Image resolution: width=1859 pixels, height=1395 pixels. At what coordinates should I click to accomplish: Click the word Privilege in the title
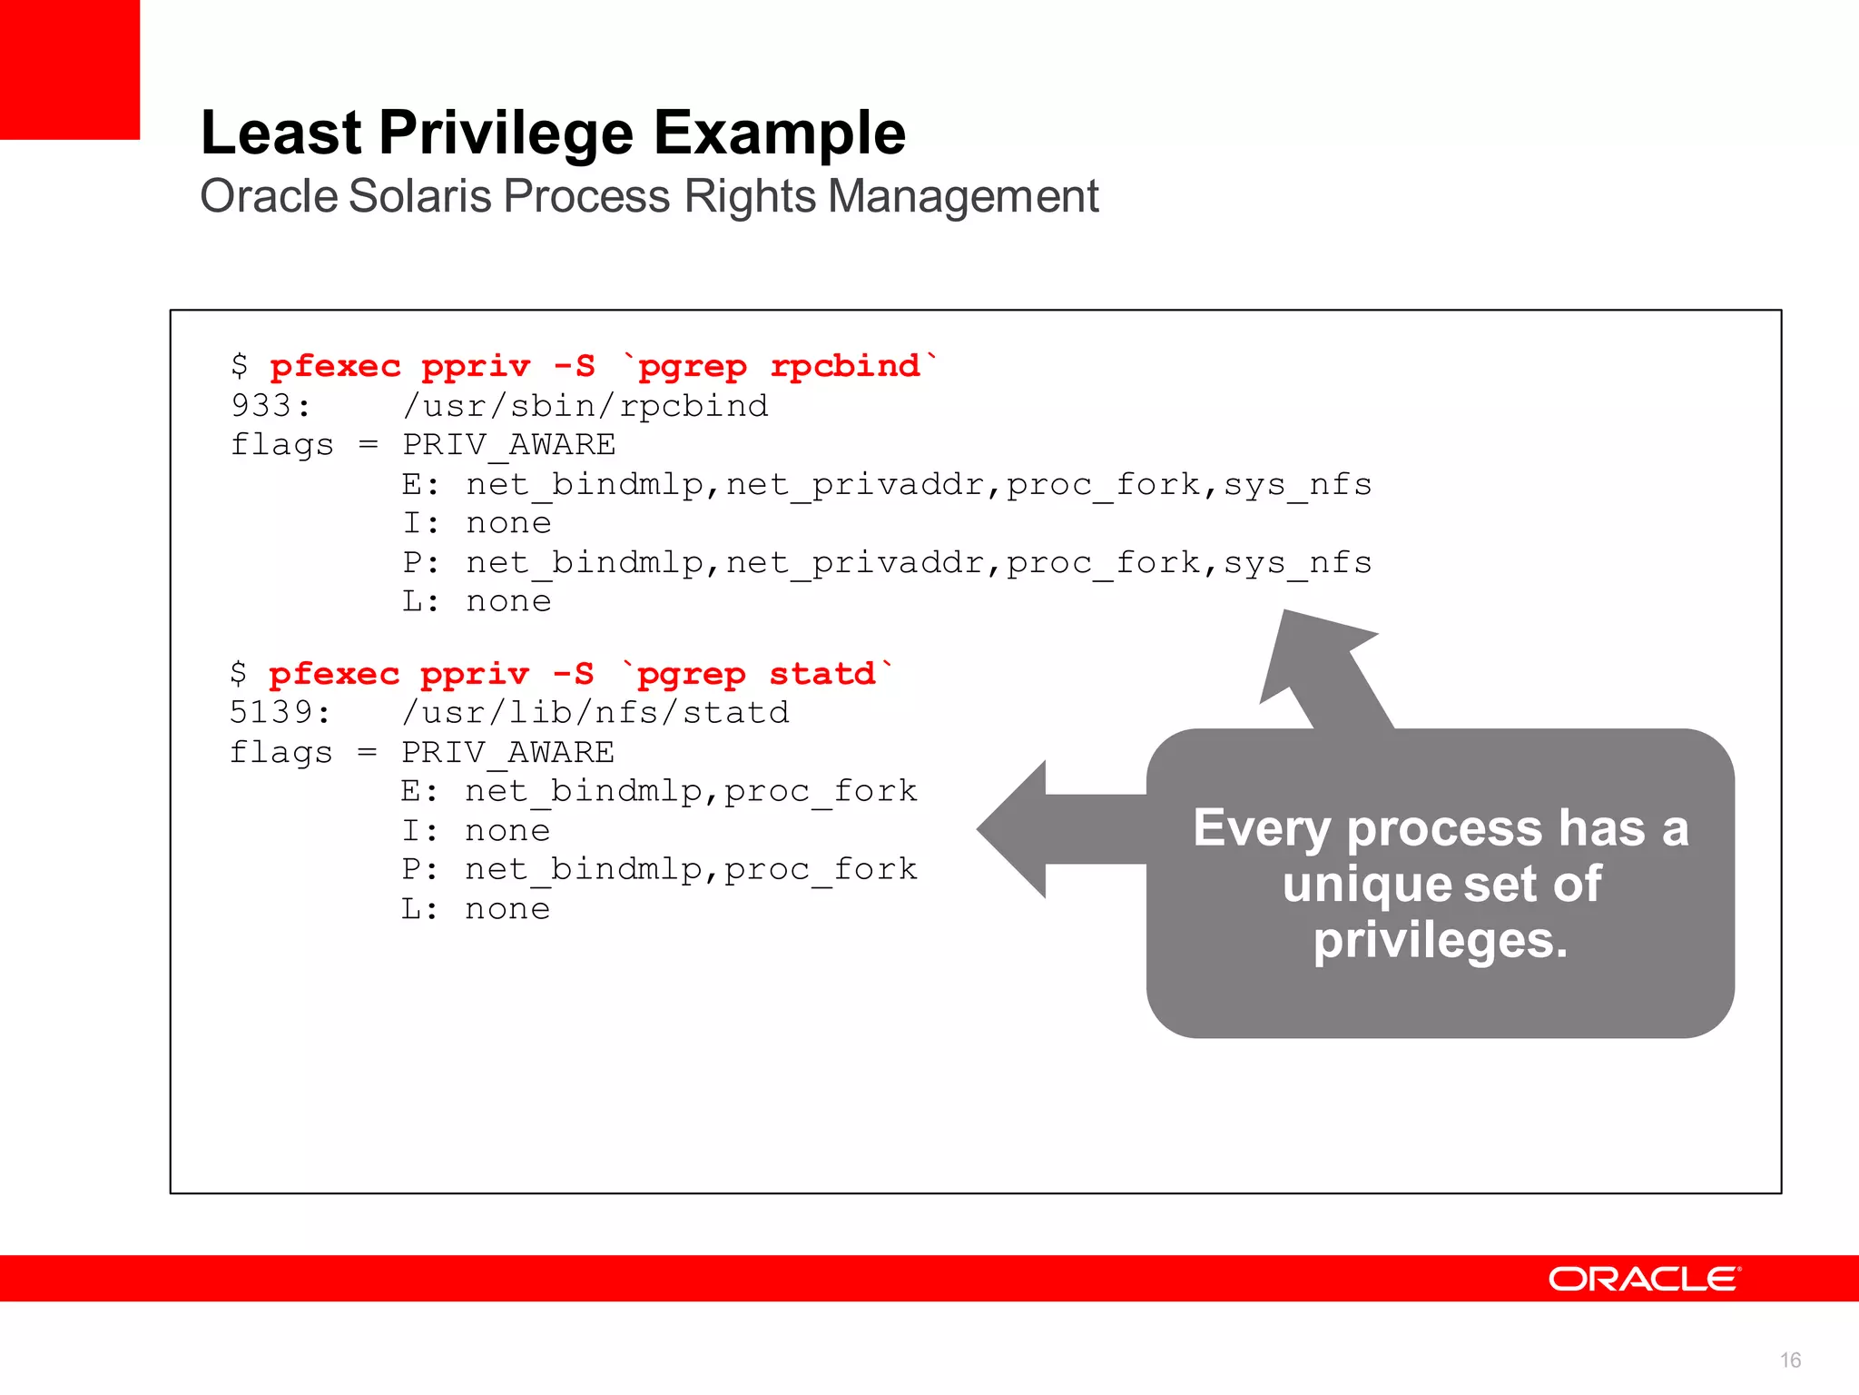tap(507, 134)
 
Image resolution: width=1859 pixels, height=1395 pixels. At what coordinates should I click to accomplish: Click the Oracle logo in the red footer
tap(1644, 1279)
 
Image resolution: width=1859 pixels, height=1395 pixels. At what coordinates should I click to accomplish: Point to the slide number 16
tap(1790, 1360)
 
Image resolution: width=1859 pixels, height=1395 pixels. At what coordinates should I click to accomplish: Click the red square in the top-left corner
tap(69, 69)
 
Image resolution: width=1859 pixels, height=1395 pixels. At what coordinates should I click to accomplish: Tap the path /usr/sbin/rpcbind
tap(585, 406)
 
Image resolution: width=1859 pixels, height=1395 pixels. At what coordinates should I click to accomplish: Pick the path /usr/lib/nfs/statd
tap(595, 713)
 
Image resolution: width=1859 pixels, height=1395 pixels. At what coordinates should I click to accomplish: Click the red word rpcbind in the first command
tap(845, 366)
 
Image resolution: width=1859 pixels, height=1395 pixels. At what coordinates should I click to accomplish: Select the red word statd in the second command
tap(822, 674)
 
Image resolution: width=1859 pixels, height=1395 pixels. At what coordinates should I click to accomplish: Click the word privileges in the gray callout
tap(1440, 940)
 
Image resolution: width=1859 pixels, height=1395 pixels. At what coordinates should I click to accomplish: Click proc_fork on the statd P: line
tap(821, 869)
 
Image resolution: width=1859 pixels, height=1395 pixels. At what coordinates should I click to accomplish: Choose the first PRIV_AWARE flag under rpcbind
tap(509, 445)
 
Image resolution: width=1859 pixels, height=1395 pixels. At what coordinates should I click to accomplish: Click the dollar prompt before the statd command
tap(239, 674)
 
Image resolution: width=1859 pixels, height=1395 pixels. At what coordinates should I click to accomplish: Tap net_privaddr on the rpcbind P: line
tap(856, 563)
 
